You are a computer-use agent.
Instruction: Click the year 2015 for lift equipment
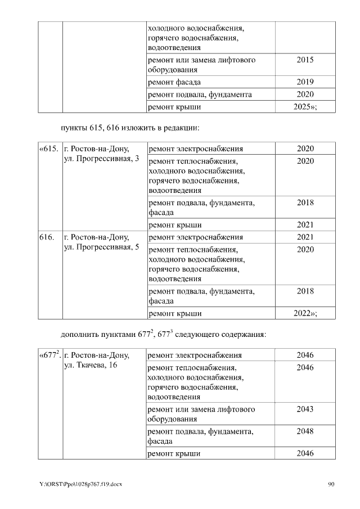[x=305, y=60]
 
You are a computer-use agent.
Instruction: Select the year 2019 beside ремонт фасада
[x=305, y=82]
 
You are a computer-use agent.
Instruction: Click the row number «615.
[x=49, y=149]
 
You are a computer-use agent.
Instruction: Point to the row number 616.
[x=46, y=237]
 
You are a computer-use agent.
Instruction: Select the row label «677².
[x=50, y=355]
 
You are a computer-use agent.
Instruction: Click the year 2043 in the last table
[x=305, y=409]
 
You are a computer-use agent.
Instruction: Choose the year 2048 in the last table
[x=305, y=431]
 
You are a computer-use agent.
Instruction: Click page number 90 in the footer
[x=331, y=484]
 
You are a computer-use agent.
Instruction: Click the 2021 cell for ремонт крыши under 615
[x=305, y=225]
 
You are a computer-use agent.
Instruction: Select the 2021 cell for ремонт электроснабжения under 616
[x=305, y=237]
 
